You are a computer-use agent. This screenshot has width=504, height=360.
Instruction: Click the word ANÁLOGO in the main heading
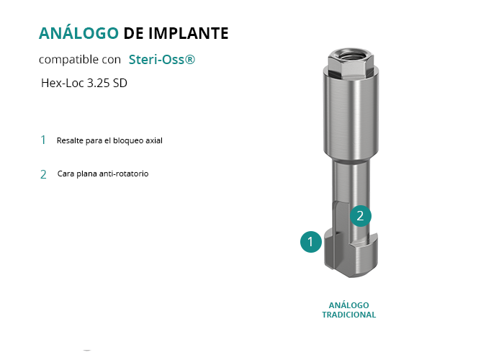click(x=78, y=33)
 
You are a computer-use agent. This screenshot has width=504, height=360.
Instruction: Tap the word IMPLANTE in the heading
click(x=189, y=33)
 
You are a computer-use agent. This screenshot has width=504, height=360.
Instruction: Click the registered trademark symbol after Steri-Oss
click(x=190, y=59)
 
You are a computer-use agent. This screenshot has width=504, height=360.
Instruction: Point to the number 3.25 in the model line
click(x=99, y=84)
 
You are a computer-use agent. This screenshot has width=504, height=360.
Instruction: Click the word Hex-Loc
click(x=63, y=84)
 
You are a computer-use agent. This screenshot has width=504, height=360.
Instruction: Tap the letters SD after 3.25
click(x=120, y=84)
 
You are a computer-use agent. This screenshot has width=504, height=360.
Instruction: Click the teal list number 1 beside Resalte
click(x=43, y=140)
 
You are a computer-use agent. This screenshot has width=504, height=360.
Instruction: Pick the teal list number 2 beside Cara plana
click(x=43, y=174)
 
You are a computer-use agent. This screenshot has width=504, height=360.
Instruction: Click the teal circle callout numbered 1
click(x=311, y=242)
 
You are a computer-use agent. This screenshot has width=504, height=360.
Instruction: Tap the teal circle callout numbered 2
click(x=361, y=216)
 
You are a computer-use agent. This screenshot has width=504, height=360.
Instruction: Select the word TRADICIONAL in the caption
click(x=349, y=315)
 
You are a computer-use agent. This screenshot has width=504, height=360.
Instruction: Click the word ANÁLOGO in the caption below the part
click(x=349, y=305)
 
